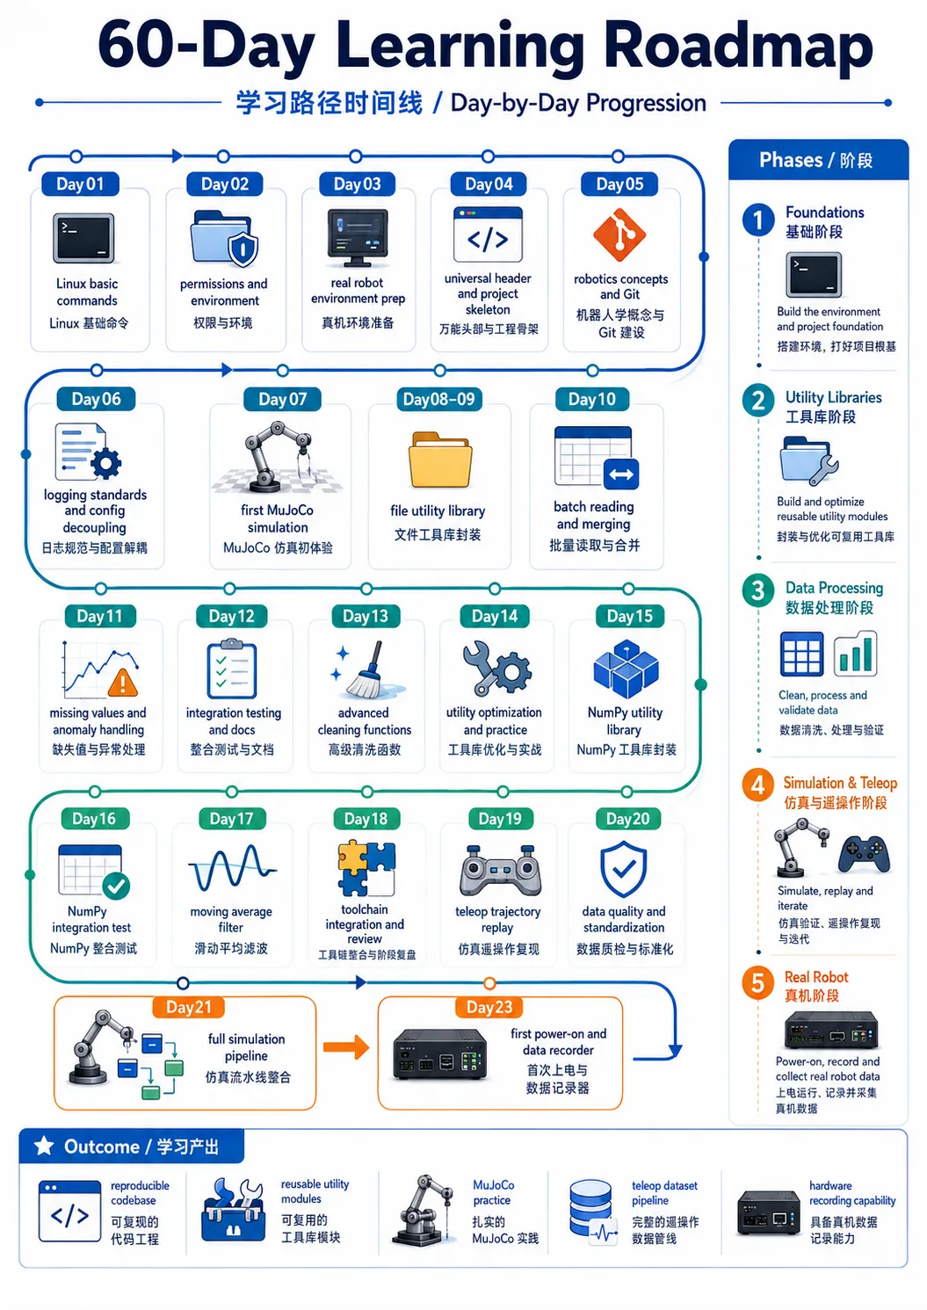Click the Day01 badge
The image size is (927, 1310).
tap(80, 185)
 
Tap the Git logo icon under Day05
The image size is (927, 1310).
tap(619, 235)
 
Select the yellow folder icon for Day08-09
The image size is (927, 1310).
tap(440, 460)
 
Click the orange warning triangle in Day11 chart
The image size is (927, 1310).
tap(123, 683)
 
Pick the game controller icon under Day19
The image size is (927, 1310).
tap(501, 871)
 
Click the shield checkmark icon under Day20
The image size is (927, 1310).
tap(624, 869)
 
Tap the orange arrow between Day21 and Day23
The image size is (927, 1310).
tap(346, 1046)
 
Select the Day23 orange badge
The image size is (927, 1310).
tap(489, 1007)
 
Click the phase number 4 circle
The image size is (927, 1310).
tap(758, 785)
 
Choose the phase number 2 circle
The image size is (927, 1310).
tap(758, 401)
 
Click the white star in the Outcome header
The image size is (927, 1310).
tap(44, 1146)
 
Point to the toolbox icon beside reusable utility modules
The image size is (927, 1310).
tap(233, 1210)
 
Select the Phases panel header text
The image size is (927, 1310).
tap(816, 160)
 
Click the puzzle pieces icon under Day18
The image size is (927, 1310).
tap(366, 869)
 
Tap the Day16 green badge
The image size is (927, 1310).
tap(93, 819)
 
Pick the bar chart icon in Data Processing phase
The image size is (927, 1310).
tap(855, 654)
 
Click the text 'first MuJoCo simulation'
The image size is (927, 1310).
tap(278, 518)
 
